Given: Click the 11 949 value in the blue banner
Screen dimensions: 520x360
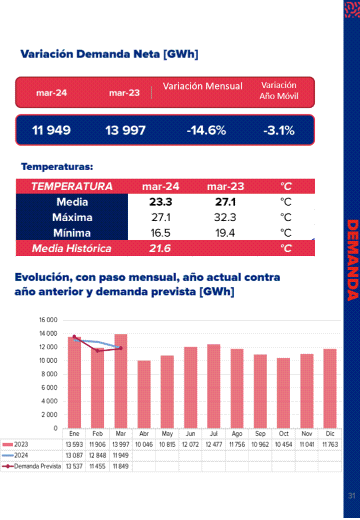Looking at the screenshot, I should (51, 131).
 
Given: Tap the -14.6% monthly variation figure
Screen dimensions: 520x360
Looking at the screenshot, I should (206, 131).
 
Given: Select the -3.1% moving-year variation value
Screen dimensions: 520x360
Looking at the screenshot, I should (279, 131).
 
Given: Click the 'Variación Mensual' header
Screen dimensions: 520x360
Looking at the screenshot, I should (202, 86).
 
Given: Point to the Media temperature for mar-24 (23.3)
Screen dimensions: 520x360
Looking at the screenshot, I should (160, 202).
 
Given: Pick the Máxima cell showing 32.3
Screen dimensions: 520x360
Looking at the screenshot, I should (225, 218).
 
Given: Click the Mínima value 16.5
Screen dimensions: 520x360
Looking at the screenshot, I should (160, 233).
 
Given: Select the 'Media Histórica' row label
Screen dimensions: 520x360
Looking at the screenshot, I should (71, 249).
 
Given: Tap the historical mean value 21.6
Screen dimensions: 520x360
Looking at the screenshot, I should (160, 249).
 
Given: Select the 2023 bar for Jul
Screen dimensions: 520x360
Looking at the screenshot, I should (213, 386).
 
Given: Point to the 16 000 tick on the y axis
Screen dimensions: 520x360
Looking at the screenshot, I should (48, 320).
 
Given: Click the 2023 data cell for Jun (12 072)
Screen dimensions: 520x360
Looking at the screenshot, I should (190, 444).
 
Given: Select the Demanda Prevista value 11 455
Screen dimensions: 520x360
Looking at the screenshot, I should (97, 466).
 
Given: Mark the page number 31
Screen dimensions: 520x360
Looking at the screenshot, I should (351, 496).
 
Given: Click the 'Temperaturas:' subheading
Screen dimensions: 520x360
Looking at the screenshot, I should (57, 166).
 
